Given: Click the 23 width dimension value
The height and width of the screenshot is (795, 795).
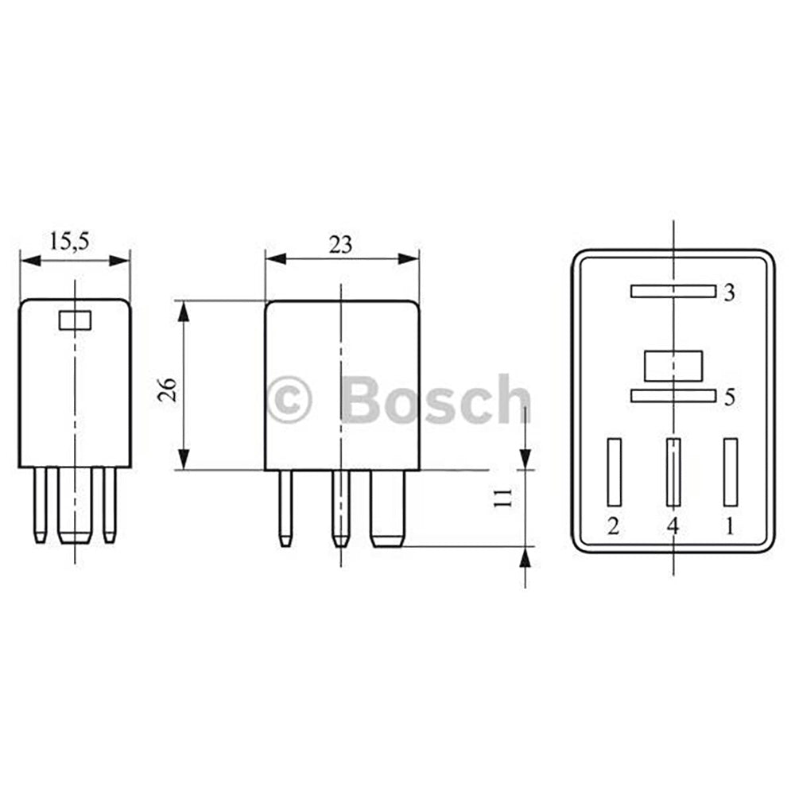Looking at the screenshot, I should [x=340, y=244].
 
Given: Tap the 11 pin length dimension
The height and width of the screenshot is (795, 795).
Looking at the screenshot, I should [x=502, y=499].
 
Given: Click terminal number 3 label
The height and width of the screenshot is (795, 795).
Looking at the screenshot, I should [x=728, y=293].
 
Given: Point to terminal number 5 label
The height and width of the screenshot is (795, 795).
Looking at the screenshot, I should [x=729, y=397].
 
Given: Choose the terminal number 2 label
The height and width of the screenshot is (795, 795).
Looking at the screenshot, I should [x=613, y=526].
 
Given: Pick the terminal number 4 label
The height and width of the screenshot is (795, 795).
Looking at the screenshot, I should [x=673, y=526].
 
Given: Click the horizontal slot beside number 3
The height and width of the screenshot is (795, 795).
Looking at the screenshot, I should [x=673, y=291].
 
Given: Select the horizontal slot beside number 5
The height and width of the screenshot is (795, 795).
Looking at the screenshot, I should [x=673, y=395].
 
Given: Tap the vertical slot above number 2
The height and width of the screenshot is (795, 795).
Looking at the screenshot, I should [x=613, y=472].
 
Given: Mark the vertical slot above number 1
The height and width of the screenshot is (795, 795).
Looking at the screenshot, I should [x=730, y=472].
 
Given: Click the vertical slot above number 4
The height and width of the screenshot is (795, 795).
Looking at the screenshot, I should [x=673, y=472].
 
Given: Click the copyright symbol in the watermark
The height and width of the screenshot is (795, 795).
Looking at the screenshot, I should [x=289, y=400].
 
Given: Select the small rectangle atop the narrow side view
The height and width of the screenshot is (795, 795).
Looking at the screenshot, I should [x=76, y=320].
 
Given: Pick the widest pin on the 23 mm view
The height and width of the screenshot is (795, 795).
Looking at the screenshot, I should [x=388, y=509].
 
